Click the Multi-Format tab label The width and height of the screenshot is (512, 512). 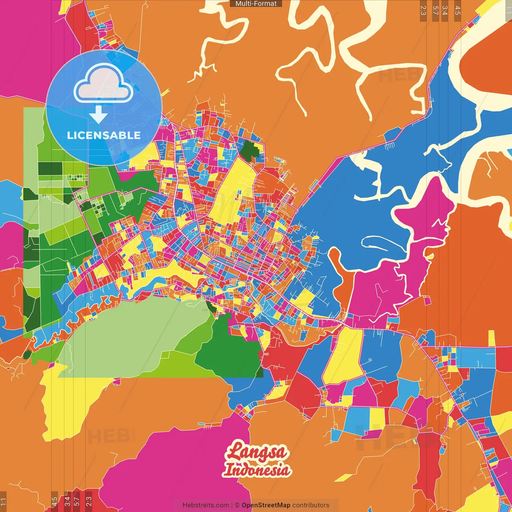(256, 4)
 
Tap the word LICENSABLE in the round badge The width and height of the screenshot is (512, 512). (104, 135)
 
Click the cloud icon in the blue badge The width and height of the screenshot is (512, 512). (104, 84)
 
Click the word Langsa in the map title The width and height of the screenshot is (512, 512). (256, 452)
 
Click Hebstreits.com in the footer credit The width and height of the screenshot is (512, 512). (206, 505)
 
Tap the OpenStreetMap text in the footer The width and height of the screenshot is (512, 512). (266, 505)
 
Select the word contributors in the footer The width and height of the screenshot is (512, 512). (311, 505)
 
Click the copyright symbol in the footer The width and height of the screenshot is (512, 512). (237, 505)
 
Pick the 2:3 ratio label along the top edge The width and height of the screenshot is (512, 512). (423, 10)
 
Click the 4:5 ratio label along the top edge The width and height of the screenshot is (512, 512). (458, 10)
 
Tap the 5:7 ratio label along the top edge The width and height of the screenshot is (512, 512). (435, 10)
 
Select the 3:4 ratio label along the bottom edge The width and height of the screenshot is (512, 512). (67, 501)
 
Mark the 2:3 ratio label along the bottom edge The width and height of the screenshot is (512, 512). (89, 501)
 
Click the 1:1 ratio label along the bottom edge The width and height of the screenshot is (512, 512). (3, 501)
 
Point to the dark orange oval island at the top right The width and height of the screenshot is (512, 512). (488, 70)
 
